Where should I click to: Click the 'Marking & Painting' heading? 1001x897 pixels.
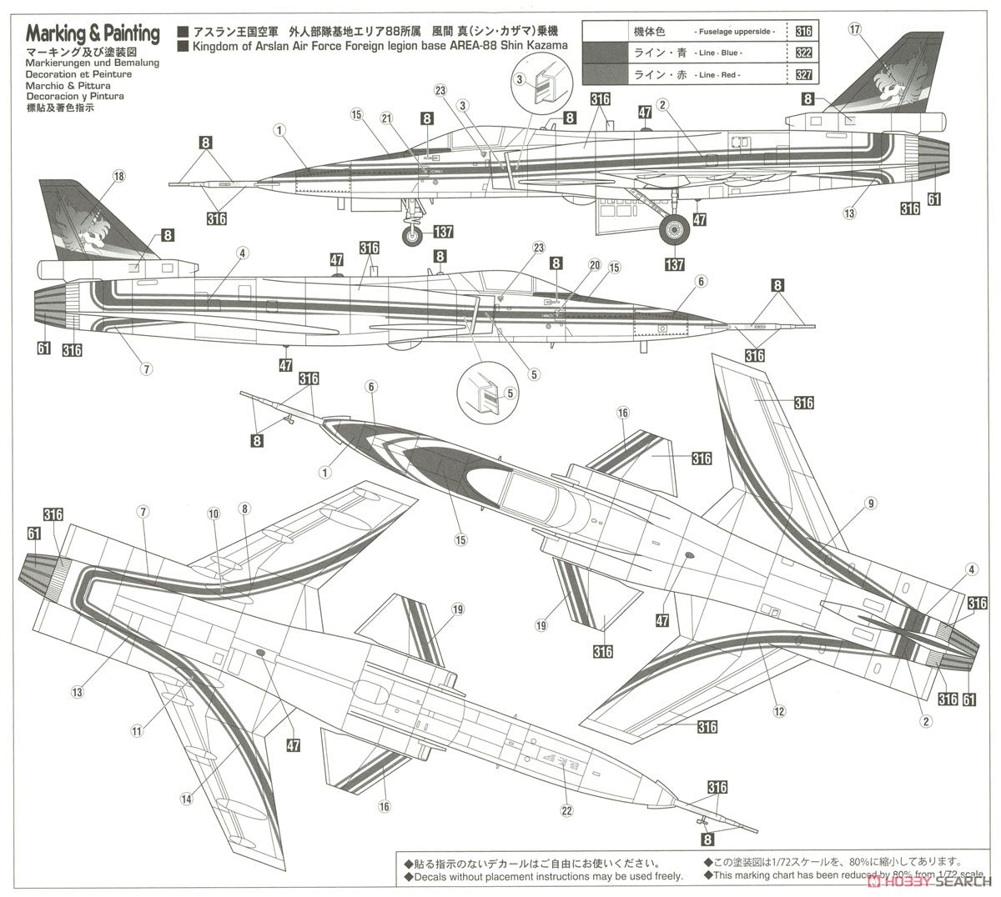point(93,34)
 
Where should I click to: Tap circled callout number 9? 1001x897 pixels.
point(870,503)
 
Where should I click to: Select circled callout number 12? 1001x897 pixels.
point(780,710)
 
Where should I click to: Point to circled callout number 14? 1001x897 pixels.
point(185,798)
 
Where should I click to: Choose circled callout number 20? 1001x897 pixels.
point(594,264)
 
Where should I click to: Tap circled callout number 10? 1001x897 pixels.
point(214,514)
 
